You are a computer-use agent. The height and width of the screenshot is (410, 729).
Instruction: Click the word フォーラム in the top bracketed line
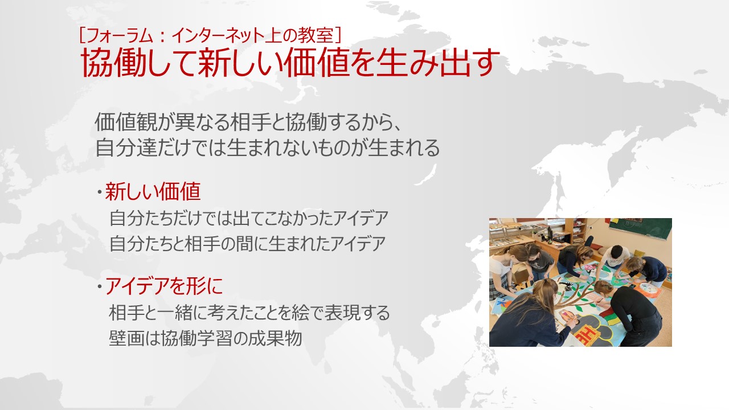120,35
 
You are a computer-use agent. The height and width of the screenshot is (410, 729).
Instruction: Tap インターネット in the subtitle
218,35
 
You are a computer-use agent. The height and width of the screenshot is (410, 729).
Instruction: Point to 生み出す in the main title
437,63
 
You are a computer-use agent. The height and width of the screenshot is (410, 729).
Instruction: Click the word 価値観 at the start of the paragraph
125,122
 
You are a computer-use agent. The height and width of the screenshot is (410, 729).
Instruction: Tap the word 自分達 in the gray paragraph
125,147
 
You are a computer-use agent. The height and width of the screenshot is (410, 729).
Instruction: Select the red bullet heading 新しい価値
153,191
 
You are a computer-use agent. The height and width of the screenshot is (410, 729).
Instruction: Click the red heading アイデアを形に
163,286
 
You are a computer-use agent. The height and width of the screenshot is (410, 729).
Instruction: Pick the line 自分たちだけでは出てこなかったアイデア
249,218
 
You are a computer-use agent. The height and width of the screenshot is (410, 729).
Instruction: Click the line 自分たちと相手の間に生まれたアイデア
248,244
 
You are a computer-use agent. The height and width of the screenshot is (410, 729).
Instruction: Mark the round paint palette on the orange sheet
648,288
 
